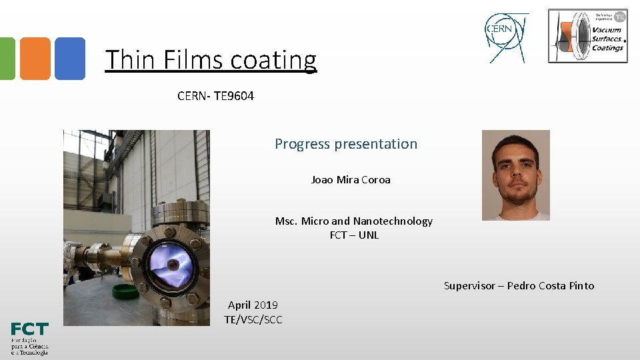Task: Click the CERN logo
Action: click(x=506, y=37)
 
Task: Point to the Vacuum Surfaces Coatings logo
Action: click(x=587, y=36)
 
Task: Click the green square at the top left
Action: click(x=7, y=59)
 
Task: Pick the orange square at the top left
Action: click(x=35, y=59)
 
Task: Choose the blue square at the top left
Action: click(x=69, y=59)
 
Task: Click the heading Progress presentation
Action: click(x=346, y=144)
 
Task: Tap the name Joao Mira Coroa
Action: click(x=351, y=180)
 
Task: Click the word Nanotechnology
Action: click(x=393, y=221)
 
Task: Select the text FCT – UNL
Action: click(x=354, y=235)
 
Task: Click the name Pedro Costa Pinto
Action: click(x=551, y=286)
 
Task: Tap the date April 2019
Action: click(x=253, y=305)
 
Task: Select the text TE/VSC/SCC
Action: click(x=253, y=320)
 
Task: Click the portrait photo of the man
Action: click(x=516, y=175)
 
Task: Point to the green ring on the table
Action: click(x=125, y=291)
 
